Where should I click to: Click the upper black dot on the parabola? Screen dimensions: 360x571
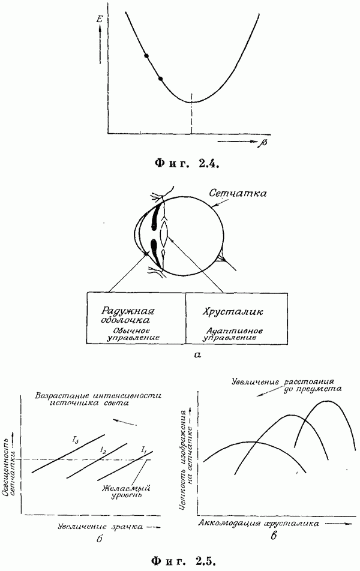(x=146, y=56)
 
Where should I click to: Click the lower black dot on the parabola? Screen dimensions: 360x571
(x=160, y=79)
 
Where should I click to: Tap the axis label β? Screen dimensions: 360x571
(x=263, y=142)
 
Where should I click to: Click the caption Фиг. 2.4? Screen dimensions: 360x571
(x=187, y=164)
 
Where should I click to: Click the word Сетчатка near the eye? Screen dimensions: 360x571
(x=238, y=193)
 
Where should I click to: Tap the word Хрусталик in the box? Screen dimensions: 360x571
(x=233, y=312)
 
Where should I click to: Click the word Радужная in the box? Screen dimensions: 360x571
(x=128, y=311)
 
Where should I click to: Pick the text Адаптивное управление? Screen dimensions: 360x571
(x=233, y=334)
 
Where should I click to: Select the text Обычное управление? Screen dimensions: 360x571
(x=133, y=334)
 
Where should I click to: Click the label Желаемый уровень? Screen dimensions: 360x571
(x=127, y=492)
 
